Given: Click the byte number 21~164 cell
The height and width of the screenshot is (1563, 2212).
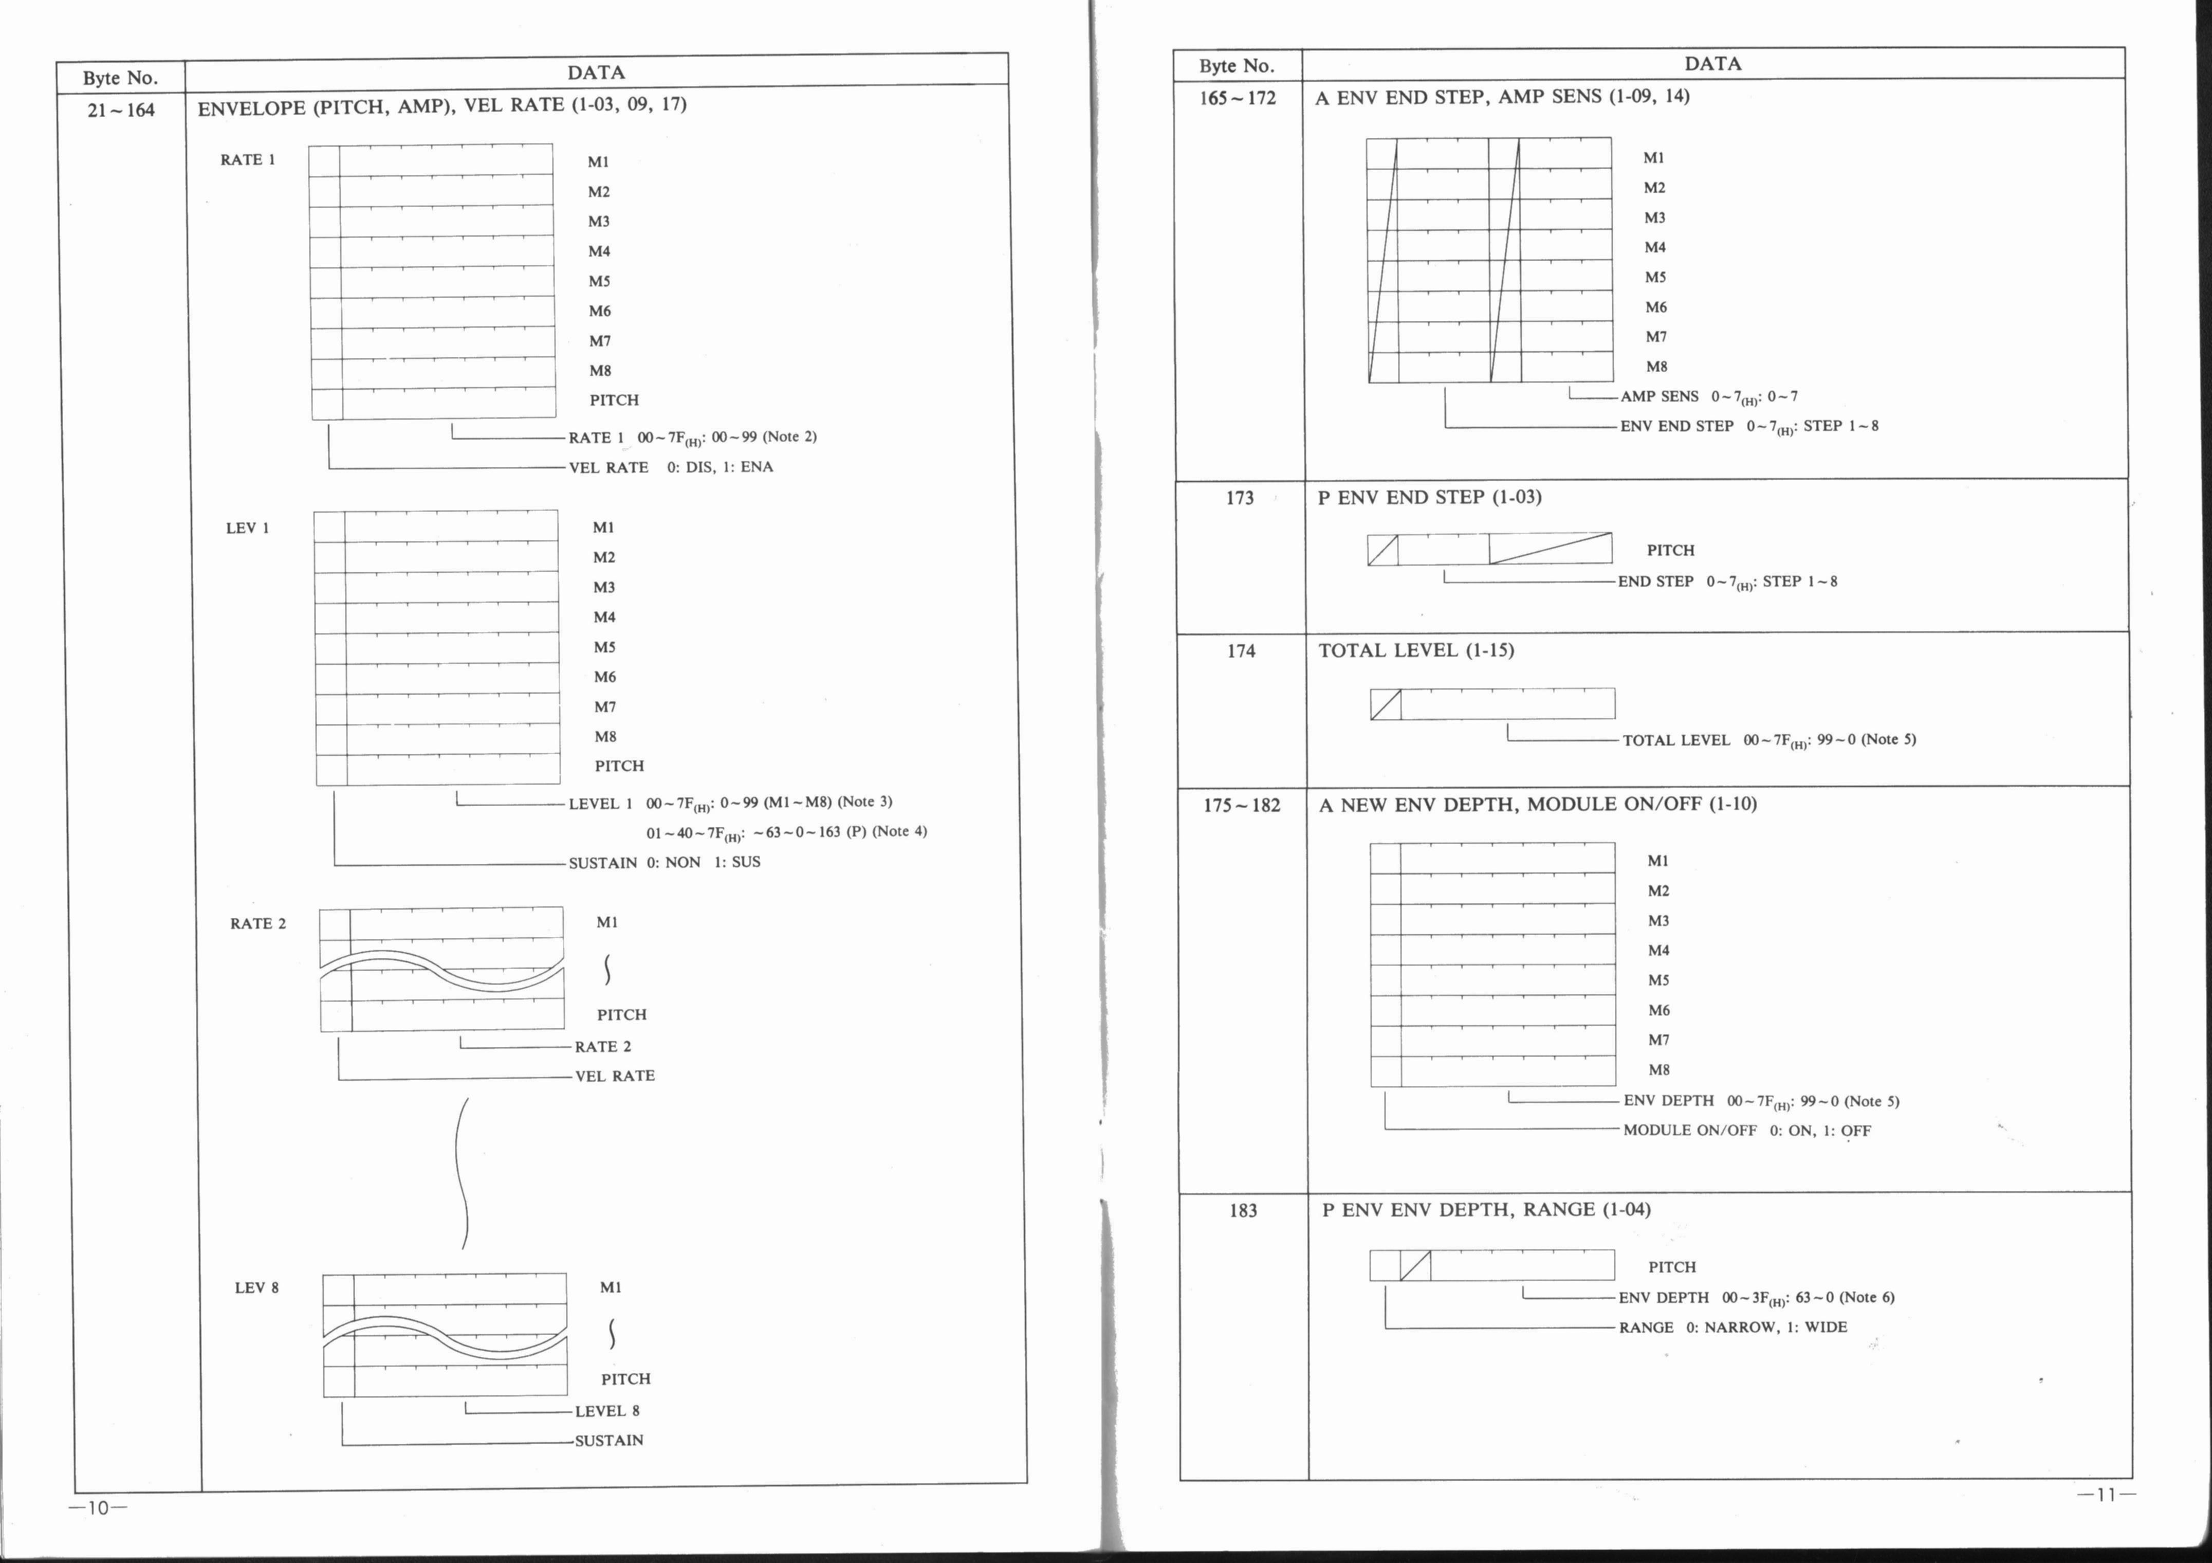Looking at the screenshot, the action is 120,110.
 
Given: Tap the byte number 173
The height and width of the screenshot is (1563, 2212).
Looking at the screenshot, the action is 1240,498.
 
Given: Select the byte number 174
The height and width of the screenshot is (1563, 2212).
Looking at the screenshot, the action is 1241,651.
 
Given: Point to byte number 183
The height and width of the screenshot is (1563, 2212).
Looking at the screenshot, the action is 1243,1210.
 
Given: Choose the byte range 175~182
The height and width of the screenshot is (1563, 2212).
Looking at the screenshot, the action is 1242,806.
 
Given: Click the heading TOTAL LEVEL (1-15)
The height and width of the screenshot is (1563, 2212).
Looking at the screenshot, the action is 1416,650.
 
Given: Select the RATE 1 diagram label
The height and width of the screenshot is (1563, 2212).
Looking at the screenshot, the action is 248,160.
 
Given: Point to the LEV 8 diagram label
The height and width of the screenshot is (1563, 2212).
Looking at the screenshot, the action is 256,1287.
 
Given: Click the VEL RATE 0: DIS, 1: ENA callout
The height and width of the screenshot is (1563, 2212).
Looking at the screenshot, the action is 671,467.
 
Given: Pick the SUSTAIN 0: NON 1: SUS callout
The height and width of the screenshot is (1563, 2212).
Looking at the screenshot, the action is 664,862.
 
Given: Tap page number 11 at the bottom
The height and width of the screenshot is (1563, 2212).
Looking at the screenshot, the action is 2106,1496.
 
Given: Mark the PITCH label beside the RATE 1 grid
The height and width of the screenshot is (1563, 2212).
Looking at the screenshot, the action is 614,400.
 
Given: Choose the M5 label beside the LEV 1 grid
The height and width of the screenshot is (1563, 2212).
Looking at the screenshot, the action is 604,647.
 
